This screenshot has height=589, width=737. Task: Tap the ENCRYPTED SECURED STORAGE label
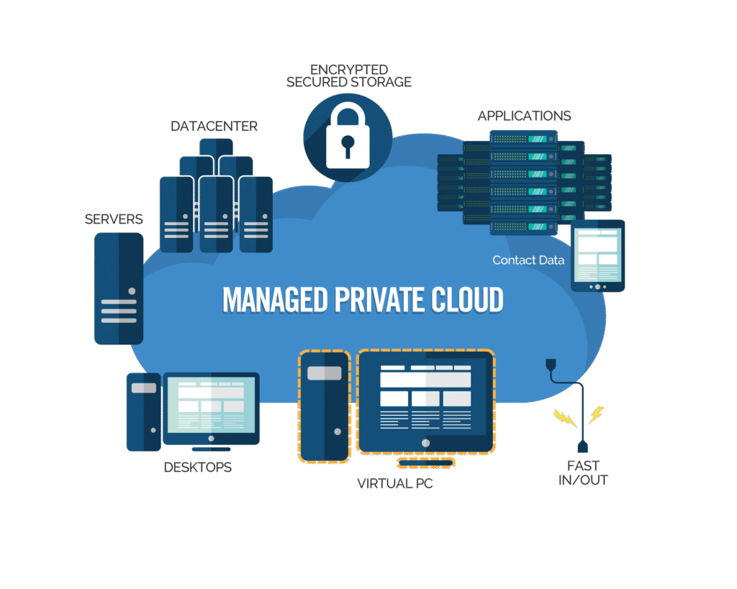pyautogui.click(x=348, y=76)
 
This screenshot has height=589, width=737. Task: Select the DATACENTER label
pyautogui.click(x=214, y=127)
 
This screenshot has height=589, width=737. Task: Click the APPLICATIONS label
pyautogui.click(x=524, y=116)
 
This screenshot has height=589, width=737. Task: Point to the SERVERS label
pyautogui.click(x=114, y=219)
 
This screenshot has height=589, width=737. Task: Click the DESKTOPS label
pyautogui.click(x=197, y=467)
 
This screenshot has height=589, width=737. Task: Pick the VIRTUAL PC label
pyautogui.click(x=395, y=483)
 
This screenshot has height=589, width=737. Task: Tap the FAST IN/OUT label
pyautogui.click(x=583, y=472)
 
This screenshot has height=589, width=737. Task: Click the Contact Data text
pyautogui.click(x=528, y=260)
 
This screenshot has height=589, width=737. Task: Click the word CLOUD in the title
pyautogui.click(x=468, y=301)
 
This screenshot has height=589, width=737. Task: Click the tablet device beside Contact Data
pyautogui.click(x=597, y=255)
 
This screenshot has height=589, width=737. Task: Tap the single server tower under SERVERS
pyautogui.click(x=118, y=288)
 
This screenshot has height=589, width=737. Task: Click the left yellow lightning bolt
pyautogui.click(x=561, y=418)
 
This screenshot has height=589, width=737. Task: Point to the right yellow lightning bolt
pyautogui.click(x=596, y=415)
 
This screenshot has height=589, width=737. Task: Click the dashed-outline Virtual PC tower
pyautogui.click(x=324, y=406)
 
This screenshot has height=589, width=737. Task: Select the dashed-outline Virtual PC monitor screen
pyautogui.click(x=425, y=399)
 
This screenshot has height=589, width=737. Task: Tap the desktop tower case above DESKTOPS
pyautogui.click(x=143, y=411)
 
